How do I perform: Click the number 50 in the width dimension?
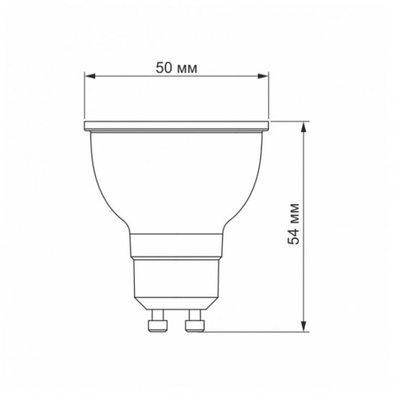pos(164,68)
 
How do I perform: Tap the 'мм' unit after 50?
pos(187,68)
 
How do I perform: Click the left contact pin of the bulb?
pos(156,320)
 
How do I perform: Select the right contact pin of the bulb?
pos(195,320)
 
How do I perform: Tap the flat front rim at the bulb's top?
pos(176,125)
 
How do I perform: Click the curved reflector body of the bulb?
pos(176,174)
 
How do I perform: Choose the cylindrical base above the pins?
pos(176,279)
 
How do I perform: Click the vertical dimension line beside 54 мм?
pos(305,169)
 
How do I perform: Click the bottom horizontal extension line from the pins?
pos(253,331)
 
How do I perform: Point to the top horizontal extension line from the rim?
pos(290,120)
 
